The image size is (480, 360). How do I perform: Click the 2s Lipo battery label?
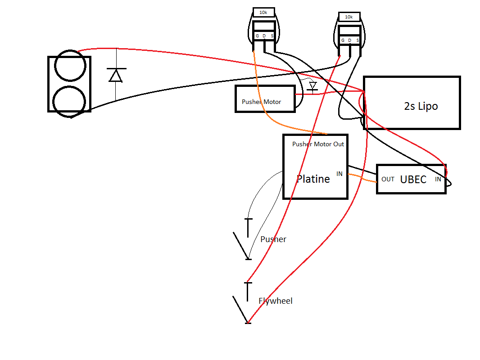tap(421, 106)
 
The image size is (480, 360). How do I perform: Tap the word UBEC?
tap(413, 179)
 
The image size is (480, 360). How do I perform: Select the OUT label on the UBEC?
tap(388, 179)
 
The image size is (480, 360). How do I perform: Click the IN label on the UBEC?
tap(438, 179)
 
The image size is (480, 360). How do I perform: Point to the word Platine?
tap(313, 179)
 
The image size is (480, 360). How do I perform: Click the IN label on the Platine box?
tap(339, 174)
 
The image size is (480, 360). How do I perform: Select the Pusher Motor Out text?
tap(318, 144)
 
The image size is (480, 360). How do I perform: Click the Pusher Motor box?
tap(265, 99)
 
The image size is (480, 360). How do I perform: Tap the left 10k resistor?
tap(263, 13)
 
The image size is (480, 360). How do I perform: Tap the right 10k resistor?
tap(349, 17)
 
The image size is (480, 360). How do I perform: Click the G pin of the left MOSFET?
tap(257, 36)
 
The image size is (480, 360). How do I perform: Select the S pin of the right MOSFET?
tap(358, 40)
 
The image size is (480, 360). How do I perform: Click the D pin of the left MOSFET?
tap(264, 36)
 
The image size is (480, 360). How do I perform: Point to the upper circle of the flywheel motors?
tap(70, 66)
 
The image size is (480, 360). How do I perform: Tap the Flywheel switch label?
tap(275, 301)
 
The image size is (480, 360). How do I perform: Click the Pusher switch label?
tap(273, 239)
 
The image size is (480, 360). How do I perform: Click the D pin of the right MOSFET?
tap(349, 40)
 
